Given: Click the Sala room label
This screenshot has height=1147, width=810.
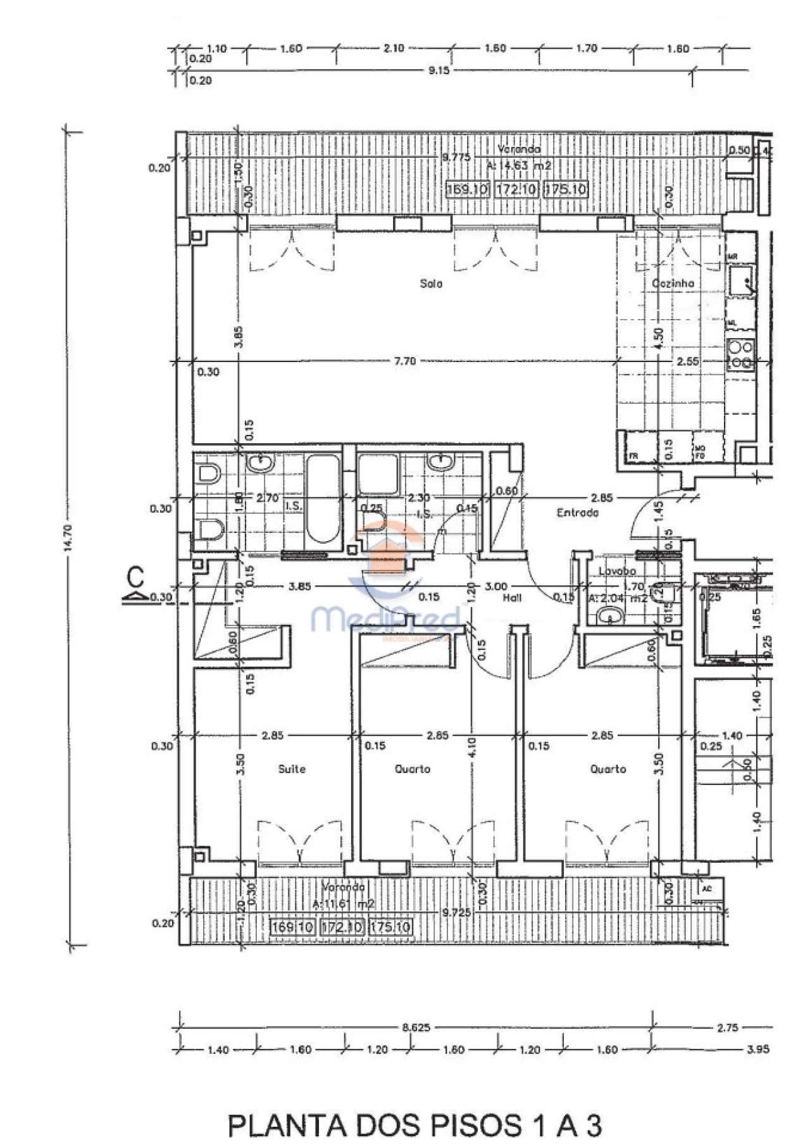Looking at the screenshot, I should (x=431, y=284).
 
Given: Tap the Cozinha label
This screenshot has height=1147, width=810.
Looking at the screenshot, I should (x=673, y=284).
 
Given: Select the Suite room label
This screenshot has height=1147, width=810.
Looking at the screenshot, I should (x=292, y=769).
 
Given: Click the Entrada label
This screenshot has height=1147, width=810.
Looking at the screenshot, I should (x=577, y=513).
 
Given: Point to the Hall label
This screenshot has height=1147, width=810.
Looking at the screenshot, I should (x=512, y=597).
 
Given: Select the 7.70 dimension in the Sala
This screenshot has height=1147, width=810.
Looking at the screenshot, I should (x=405, y=361).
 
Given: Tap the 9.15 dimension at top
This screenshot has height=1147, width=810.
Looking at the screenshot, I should (x=439, y=70).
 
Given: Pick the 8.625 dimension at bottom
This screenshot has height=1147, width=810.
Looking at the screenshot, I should (x=416, y=1027).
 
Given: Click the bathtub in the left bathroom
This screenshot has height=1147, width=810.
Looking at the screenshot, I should (x=323, y=498).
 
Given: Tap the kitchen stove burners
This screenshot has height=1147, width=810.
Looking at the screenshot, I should (x=740, y=354).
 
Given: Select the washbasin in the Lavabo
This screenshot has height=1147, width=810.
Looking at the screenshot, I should (x=609, y=615).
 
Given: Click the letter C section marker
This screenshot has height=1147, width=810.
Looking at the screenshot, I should (x=135, y=578).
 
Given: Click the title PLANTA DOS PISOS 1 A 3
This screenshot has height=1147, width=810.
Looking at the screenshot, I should (x=414, y=1125).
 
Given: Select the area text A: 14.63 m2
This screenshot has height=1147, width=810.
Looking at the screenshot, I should (x=519, y=166).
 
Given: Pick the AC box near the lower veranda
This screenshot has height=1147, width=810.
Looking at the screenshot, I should (x=707, y=889).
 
